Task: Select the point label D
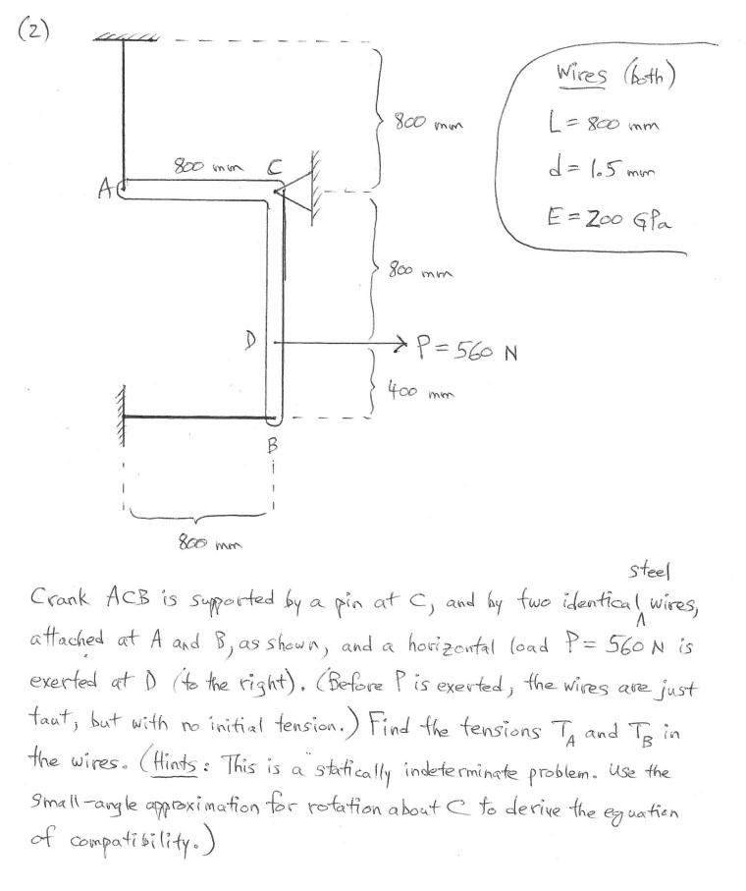click(x=252, y=340)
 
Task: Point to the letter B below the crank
click(x=273, y=445)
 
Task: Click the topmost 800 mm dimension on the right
click(x=427, y=124)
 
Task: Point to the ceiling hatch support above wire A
click(x=126, y=38)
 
